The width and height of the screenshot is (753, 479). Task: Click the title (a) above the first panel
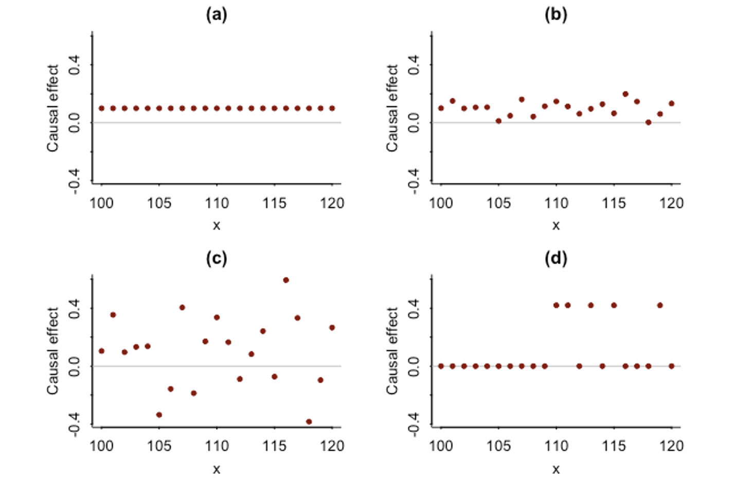click(x=217, y=14)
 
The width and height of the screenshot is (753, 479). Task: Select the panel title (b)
click(x=555, y=14)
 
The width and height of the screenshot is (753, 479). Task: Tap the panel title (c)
click(x=217, y=258)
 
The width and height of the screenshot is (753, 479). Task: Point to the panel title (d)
click(x=555, y=258)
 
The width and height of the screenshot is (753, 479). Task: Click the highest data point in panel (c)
click(x=286, y=280)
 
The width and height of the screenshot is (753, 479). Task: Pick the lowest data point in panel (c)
click(x=309, y=422)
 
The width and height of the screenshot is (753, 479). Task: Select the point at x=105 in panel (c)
click(x=159, y=415)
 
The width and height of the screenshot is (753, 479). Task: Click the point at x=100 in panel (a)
click(x=101, y=108)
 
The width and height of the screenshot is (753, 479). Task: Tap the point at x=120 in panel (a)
click(x=332, y=108)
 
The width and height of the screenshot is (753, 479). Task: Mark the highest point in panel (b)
click(x=625, y=94)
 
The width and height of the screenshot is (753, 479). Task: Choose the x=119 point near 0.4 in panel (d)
click(x=660, y=305)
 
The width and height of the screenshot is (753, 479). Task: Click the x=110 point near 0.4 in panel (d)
click(x=556, y=305)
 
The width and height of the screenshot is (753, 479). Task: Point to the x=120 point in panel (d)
click(x=672, y=366)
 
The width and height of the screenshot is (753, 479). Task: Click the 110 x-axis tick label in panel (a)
click(x=217, y=203)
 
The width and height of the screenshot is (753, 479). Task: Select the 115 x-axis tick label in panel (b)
click(x=614, y=203)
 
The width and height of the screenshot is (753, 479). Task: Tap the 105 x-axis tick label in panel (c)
click(x=159, y=446)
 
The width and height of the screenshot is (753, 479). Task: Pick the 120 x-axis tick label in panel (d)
click(x=672, y=446)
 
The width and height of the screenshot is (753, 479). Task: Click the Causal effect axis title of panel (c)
click(x=53, y=351)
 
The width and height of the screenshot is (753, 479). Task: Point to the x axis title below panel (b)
click(x=556, y=226)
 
